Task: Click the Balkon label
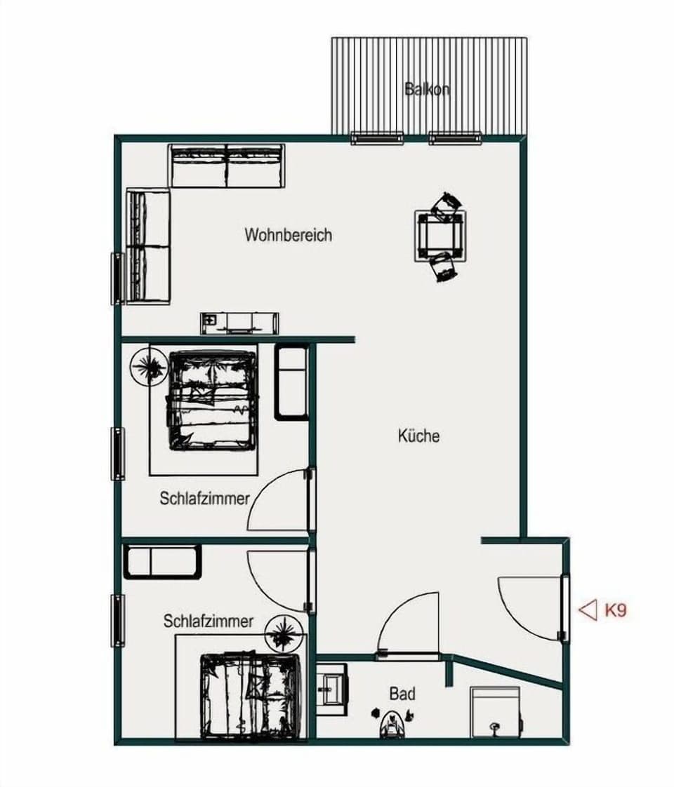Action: point(427,89)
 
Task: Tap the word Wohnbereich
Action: point(288,234)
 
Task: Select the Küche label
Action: point(418,436)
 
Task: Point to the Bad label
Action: point(402,694)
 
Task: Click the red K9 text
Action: point(615,610)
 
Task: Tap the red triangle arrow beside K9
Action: point(587,610)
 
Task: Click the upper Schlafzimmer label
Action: point(204,499)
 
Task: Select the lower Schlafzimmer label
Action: point(209,621)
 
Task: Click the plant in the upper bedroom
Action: point(148,366)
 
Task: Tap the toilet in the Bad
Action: point(390,722)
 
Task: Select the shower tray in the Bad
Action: point(495,712)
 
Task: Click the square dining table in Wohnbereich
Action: point(440,236)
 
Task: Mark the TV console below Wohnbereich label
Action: point(239,323)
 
